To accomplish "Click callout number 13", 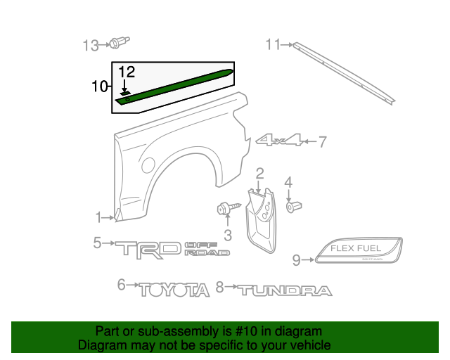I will click(91, 46).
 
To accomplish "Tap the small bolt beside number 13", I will click(116, 45).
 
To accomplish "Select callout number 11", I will click(273, 44).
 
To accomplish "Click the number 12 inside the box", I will click(126, 72).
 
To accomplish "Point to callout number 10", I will click(99, 86).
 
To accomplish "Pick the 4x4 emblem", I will click(280, 141).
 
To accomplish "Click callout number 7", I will click(322, 143).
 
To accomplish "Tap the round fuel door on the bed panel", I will click(148, 165).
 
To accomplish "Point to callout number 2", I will click(259, 173).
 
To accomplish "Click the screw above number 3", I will click(227, 208).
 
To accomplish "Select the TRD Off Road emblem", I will click(172, 247).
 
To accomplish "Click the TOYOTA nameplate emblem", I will click(174, 289).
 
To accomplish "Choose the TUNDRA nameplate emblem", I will click(283, 290).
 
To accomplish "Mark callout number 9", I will click(296, 260).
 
